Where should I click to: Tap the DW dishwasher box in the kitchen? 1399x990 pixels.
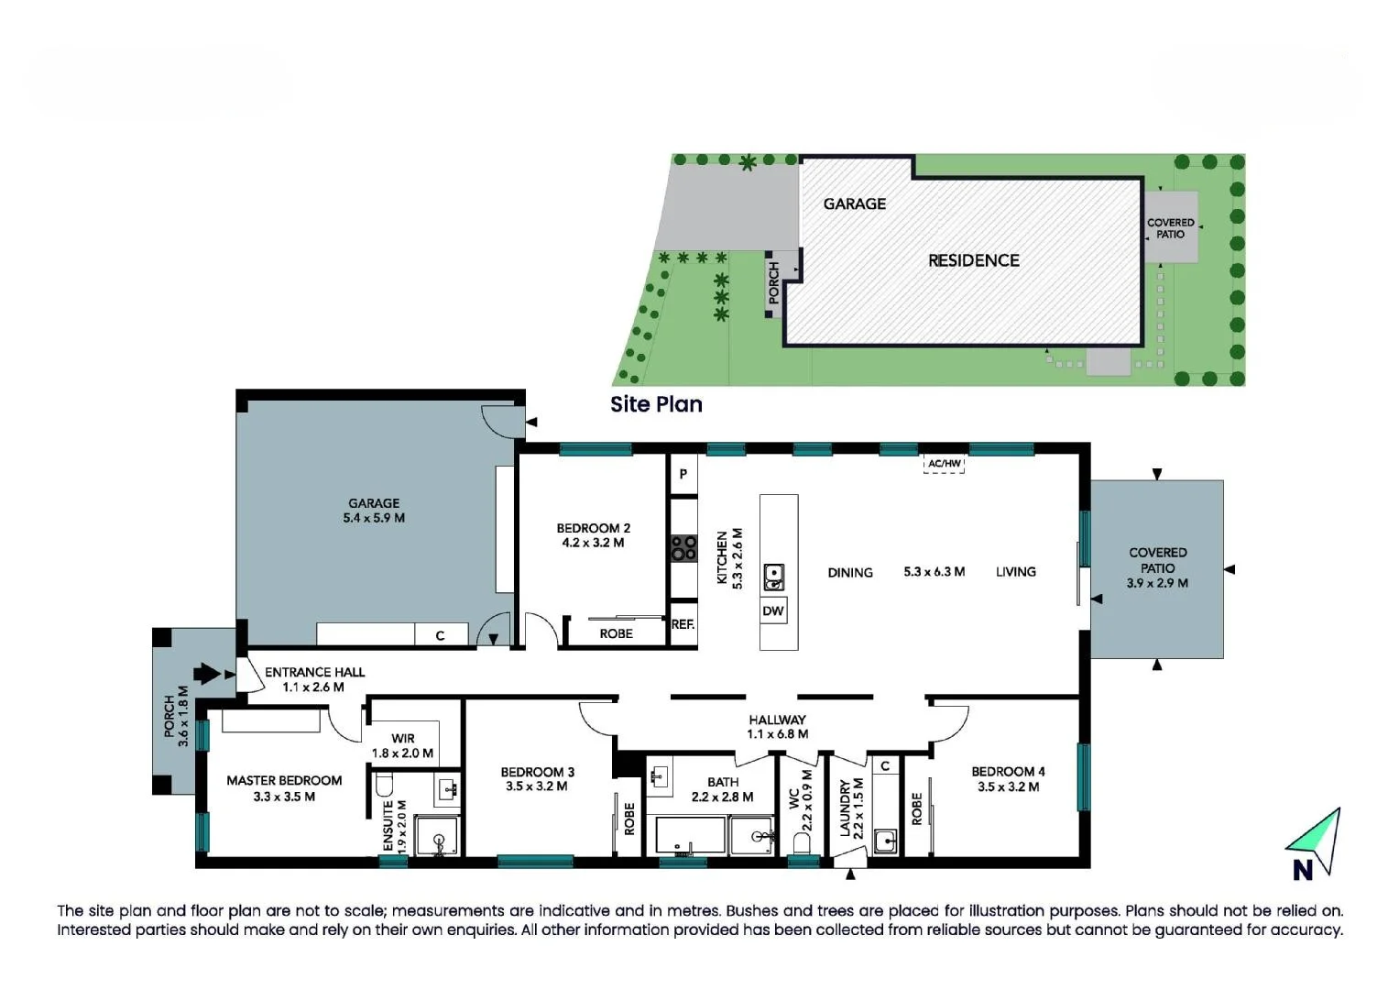(x=773, y=611)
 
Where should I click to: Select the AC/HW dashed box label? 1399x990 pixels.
(x=944, y=464)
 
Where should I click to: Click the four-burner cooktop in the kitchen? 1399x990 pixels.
(x=683, y=548)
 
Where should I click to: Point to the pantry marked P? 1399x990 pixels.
(x=683, y=474)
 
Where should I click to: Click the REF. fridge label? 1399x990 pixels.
(x=683, y=624)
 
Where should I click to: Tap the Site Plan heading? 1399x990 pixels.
(x=656, y=404)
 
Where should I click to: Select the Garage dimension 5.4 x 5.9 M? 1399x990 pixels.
(x=374, y=518)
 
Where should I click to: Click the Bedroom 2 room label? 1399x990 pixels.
(x=593, y=528)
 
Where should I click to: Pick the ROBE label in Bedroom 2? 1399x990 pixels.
(x=616, y=633)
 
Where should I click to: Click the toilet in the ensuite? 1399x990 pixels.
(x=385, y=785)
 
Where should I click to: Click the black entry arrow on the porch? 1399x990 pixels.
(x=210, y=674)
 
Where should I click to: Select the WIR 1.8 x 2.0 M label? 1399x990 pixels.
(x=402, y=746)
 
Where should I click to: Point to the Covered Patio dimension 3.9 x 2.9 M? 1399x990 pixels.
(x=1157, y=583)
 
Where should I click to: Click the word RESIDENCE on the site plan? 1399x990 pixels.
(x=973, y=260)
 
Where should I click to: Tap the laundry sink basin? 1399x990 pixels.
(x=884, y=841)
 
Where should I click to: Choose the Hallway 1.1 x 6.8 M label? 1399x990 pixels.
(x=777, y=727)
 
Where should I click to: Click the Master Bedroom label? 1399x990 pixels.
(x=284, y=781)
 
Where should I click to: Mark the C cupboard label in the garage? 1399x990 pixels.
(x=440, y=635)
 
